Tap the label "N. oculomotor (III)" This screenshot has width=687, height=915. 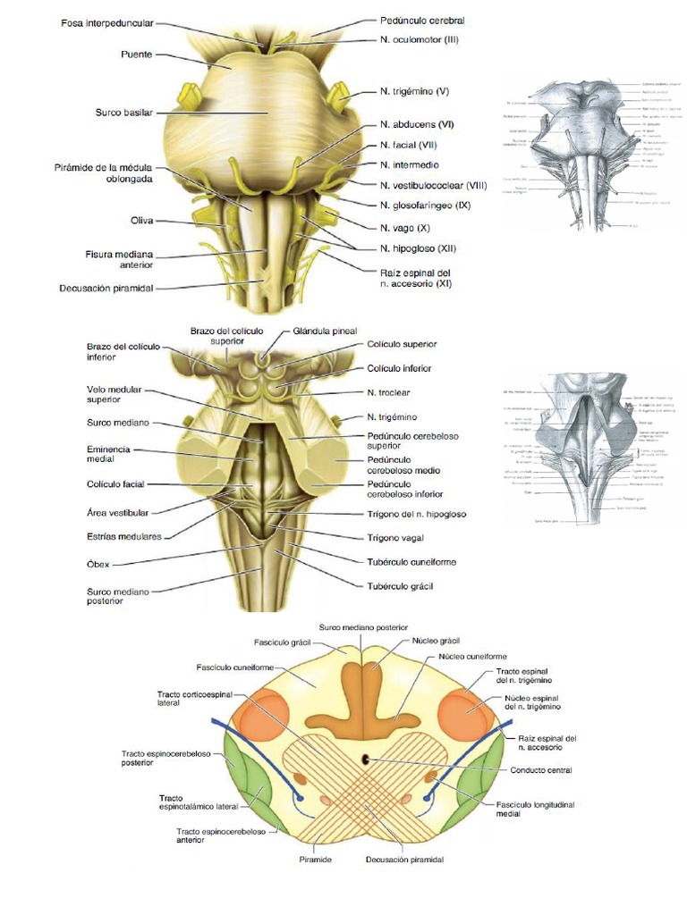tap(419, 40)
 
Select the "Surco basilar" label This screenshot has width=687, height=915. tap(124, 113)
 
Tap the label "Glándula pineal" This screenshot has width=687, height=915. tap(324, 331)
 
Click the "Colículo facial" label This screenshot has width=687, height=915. tap(115, 484)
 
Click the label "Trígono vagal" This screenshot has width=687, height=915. tap(399, 538)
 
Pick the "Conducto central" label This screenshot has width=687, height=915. tap(541, 769)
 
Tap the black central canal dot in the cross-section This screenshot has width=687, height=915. tap(366, 759)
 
